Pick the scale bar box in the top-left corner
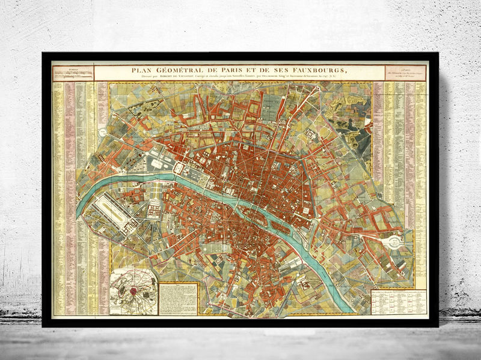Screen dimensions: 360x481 [x=72, y=72]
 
